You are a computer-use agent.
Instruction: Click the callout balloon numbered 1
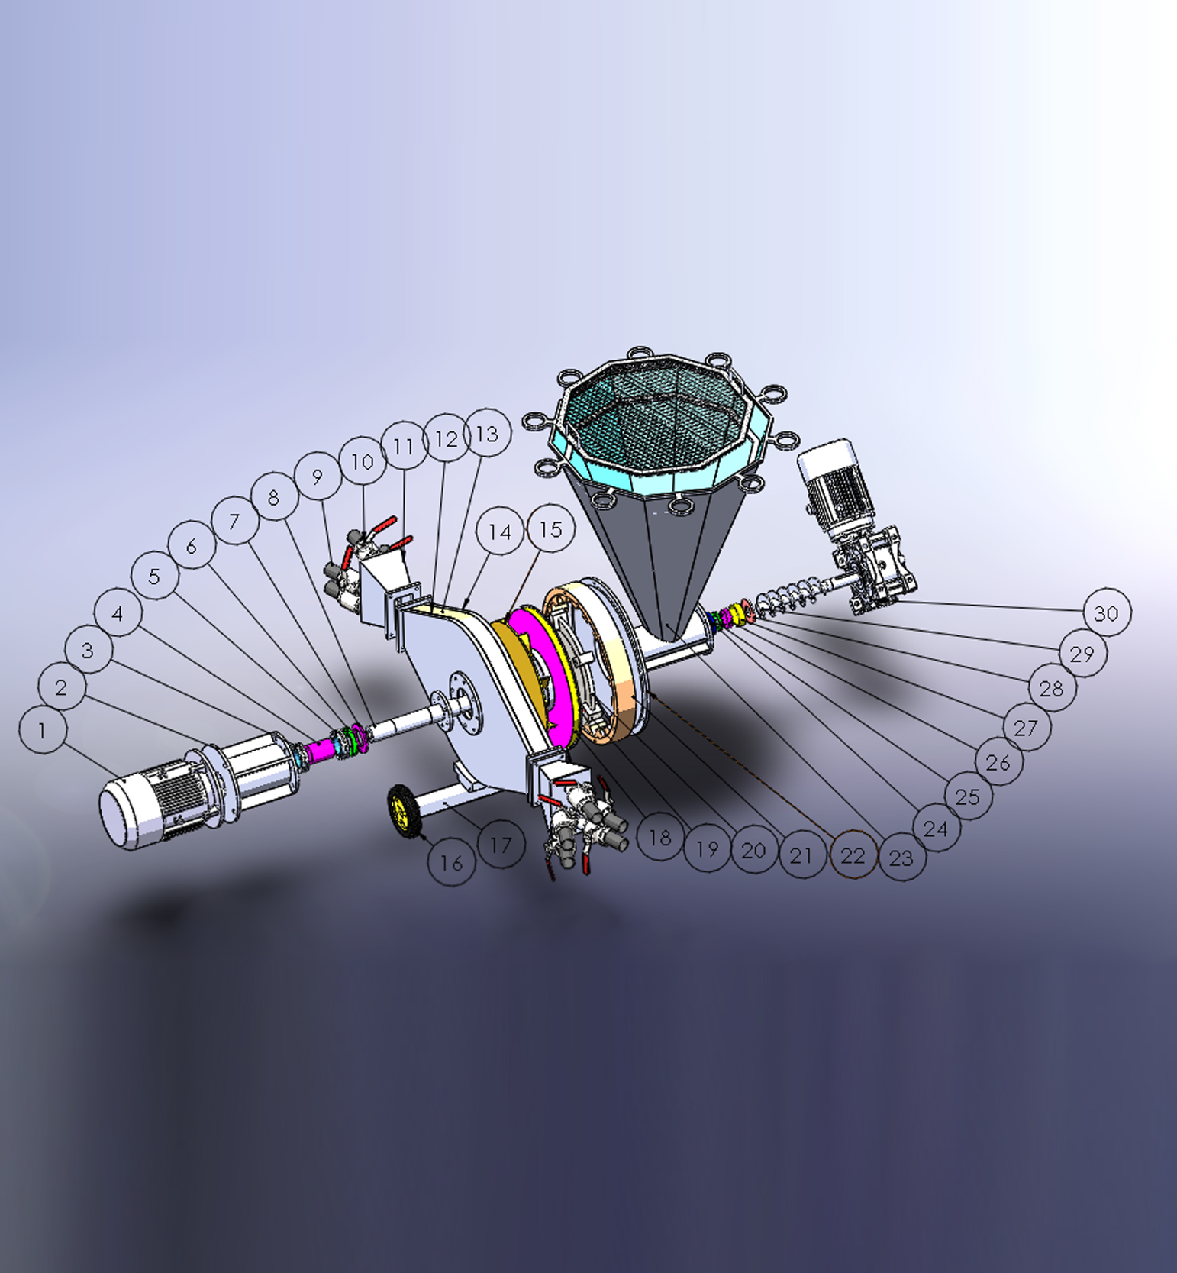[x=42, y=730]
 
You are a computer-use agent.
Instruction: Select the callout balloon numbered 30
[x=1106, y=612]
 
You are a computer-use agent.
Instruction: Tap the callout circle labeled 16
[x=452, y=863]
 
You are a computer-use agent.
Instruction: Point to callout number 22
[x=853, y=855]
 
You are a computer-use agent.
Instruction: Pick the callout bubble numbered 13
[x=487, y=434]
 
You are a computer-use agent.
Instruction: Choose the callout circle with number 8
[x=274, y=497]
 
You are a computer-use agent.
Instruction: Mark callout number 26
[x=998, y=761]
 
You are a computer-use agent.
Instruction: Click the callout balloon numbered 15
[x=550, y=528]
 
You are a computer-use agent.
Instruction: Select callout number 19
[x=708, y=848]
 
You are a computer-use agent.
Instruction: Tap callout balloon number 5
[x=155, y=576]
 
